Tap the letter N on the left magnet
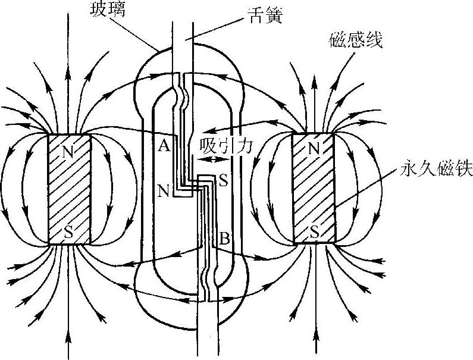(68, 151)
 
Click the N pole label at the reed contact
(162, 191)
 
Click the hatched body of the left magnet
(68, 190)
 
